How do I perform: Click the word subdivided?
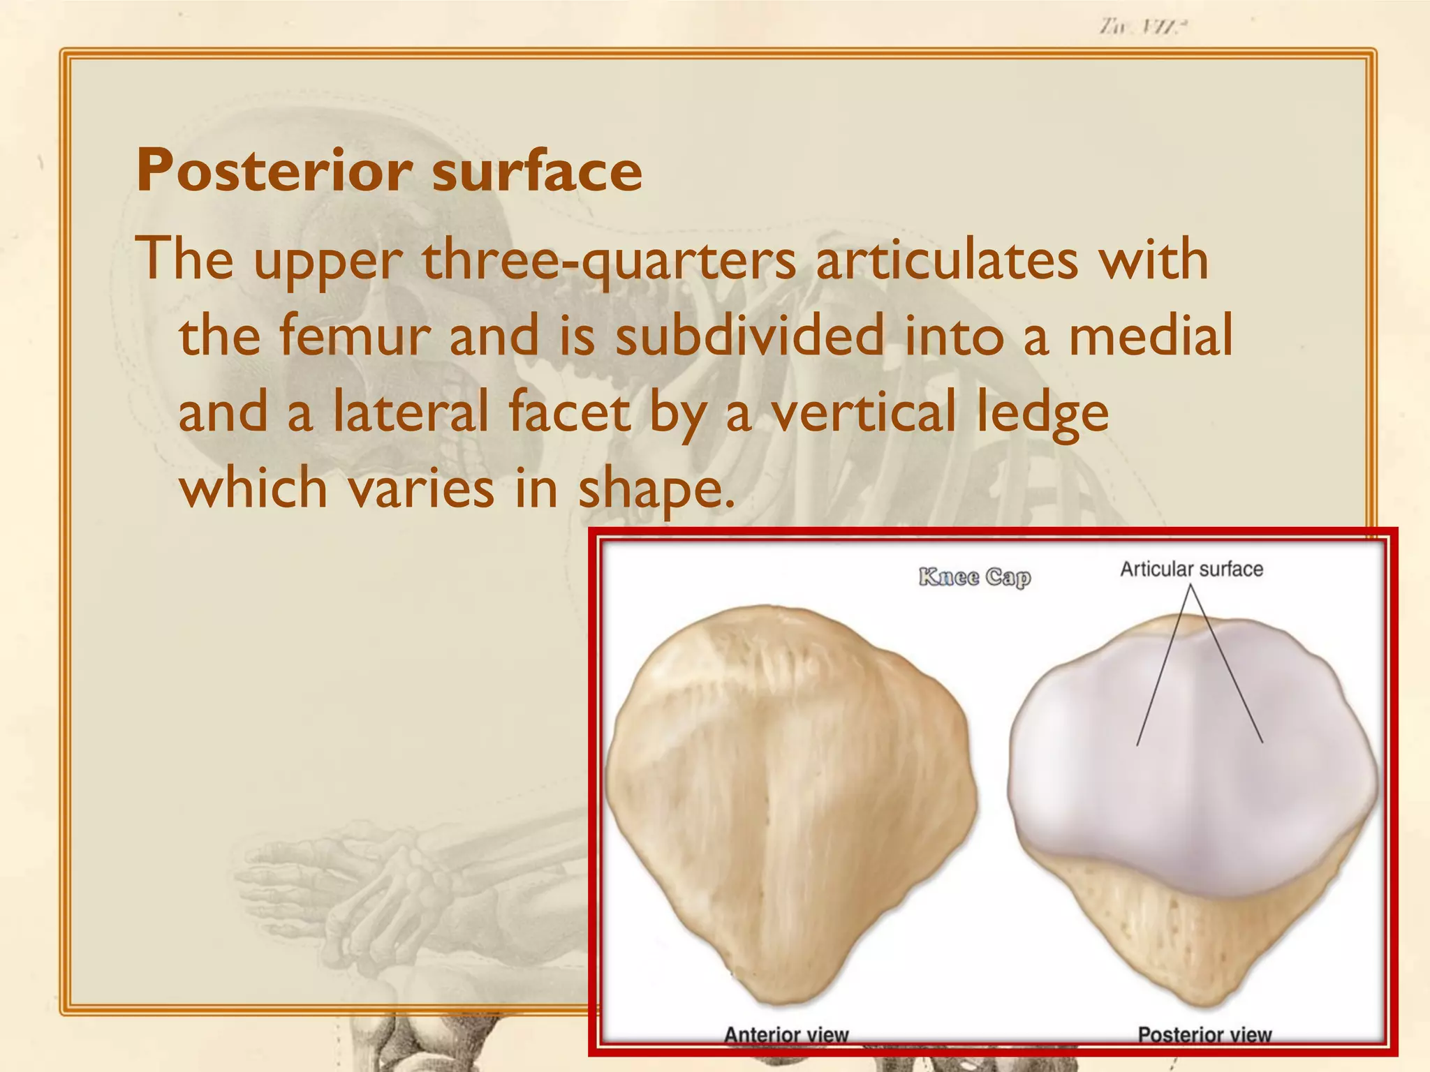pyautogui.click(x=749, y=336)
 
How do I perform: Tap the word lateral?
pyautogui.click(x=411, y=412)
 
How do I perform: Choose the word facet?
pyautogui.click(x=569, y=412)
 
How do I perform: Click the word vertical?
pyautogui.click(x=863, y=412)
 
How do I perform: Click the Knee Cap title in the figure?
pyautogui.click(x=974, y=577)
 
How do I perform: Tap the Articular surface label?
pyautogui.click(x=1191, y=569)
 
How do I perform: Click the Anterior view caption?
pyautogui.click(x=786, y=1034)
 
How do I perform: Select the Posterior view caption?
pyautogui.click(x=1204, y=1034)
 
